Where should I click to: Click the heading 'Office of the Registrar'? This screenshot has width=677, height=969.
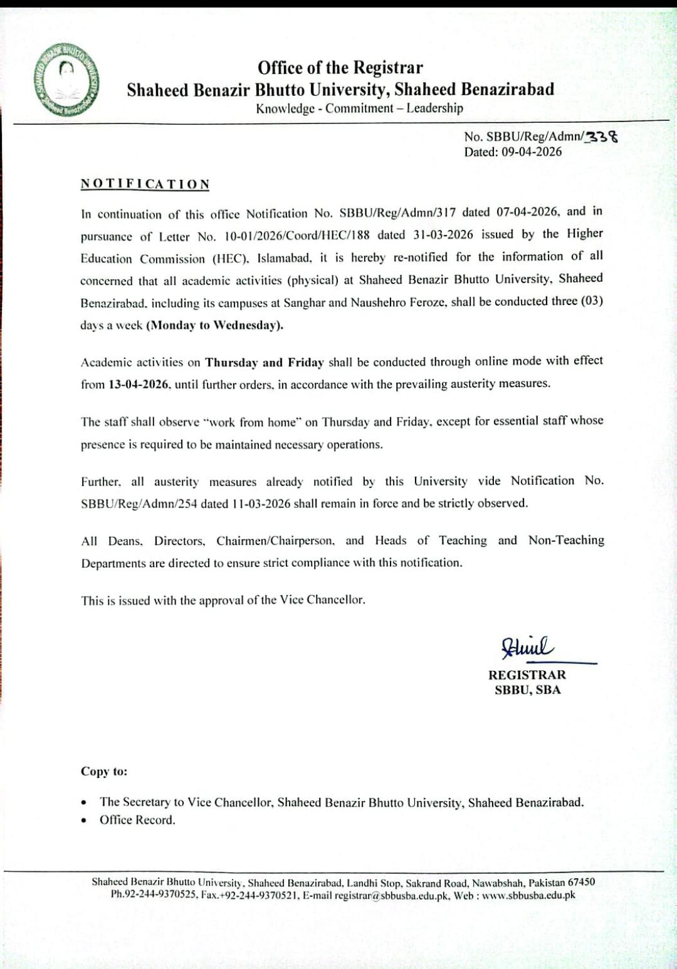tap(340, 68)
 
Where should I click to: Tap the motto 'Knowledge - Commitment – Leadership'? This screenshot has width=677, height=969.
tap(359, 108)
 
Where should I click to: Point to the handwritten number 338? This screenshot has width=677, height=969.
tap(601, 136)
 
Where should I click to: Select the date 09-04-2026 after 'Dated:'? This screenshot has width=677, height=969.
tap(532, 152)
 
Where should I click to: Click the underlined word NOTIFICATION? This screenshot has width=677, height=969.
tap(145, 184)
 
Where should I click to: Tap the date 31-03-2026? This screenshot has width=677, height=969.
tap(443, 235)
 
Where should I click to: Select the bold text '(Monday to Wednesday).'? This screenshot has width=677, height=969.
tap(214, 325)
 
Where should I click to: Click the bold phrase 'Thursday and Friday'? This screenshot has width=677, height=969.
tap(264, 363)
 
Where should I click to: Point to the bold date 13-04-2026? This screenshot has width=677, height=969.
tap(139, 385)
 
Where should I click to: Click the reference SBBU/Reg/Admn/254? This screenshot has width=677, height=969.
tap(139, 504)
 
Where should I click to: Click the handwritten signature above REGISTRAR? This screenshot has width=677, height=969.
tap(527, 646)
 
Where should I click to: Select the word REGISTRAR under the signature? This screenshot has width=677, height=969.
tap(527, 675)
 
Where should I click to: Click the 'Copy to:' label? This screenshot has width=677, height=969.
tap(103, 772)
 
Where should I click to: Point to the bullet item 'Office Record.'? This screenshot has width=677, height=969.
tap(137, 820)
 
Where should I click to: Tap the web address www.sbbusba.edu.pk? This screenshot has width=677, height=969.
tap(528, 895)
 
